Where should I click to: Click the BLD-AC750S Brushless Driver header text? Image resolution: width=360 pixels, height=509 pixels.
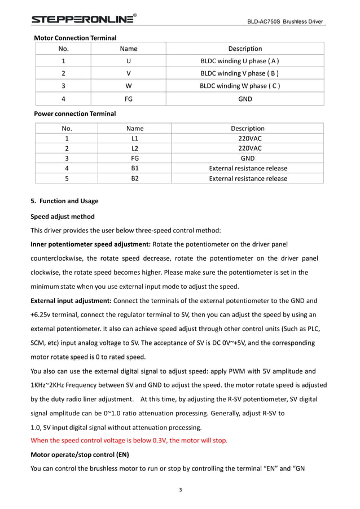[286, 22]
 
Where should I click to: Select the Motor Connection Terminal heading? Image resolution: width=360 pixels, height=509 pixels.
[75, 38]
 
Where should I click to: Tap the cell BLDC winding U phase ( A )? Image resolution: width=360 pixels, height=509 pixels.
[240, 61]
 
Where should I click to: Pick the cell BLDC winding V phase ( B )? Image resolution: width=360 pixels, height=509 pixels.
[240, 73]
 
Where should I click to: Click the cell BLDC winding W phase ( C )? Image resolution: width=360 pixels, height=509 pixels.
[240, 86]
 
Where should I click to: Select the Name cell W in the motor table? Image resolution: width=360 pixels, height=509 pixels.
[129, 86]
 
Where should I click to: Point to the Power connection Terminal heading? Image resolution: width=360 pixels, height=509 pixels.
[74, 113]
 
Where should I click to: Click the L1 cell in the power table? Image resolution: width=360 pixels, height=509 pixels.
[134, 138]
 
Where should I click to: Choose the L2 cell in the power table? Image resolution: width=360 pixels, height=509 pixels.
[134, 148]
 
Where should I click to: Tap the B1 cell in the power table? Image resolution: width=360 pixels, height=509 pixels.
[134, 168]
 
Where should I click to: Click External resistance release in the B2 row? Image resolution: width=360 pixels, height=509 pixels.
[248, 178]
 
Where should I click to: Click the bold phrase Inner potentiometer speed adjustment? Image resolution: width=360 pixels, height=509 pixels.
[90, 244]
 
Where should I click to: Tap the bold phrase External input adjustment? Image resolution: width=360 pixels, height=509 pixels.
[71, 300]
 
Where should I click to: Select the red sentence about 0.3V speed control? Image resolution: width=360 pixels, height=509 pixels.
[129, 441]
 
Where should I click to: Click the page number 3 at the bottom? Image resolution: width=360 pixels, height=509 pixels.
[180, 489]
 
